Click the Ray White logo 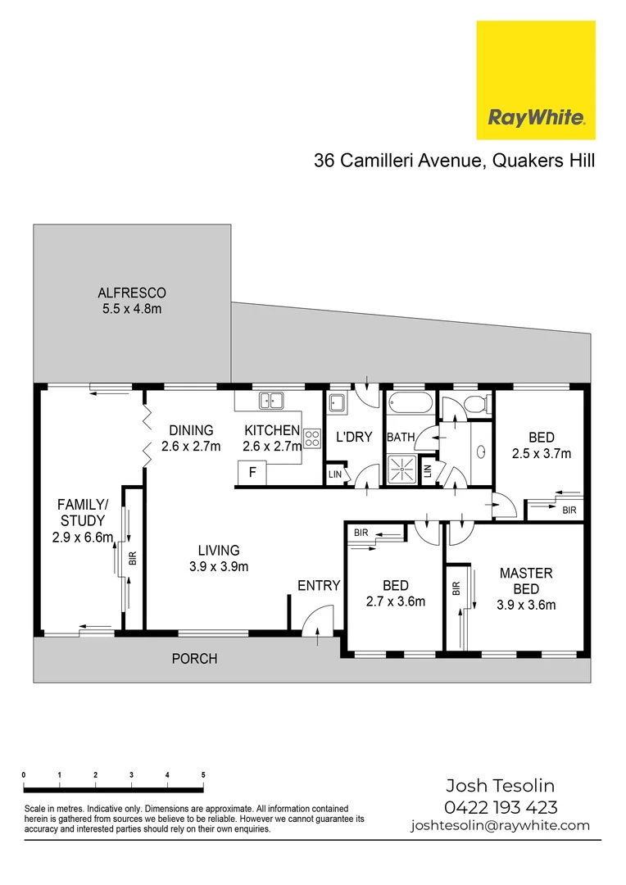[x=536, y=81]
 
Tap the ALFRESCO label [x=132, y=293]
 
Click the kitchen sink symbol [x=270, y=401]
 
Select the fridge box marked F [x=252, y=472]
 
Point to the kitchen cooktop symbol [x=311, y=438]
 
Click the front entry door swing [x=319, y=619]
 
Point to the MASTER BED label [x=526, y=581]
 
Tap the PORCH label [x=194, y=658]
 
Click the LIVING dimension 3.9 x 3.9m [x=218, y=565]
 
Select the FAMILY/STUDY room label [x=80, y=512]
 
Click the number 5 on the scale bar [x=202, y=774]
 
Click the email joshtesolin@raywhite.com [x=500, y=826]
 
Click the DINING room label [x=191, y=430]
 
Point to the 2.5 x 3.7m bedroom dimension [x=541, y=452]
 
